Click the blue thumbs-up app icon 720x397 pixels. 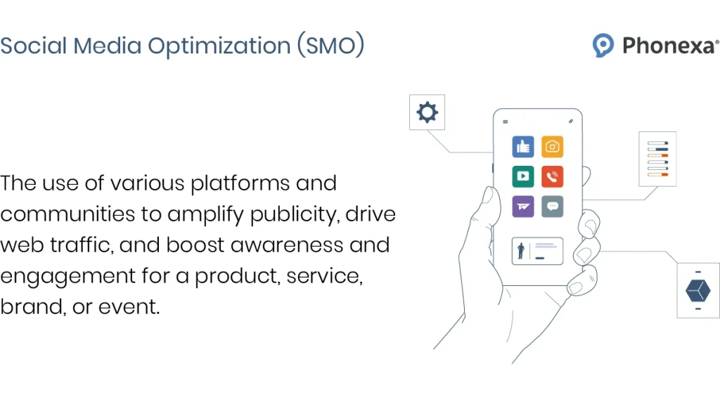pos(523,147)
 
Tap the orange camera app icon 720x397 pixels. pos(553,147)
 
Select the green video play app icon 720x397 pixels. pos(523,176)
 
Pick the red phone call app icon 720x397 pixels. pos(553,176)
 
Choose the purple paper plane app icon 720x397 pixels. pos(523,206)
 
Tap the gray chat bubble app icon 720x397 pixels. pos(553,206)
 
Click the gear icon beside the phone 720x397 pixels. pos(427,113)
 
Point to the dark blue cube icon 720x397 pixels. pos(697,290)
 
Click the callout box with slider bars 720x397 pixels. pos(657,159)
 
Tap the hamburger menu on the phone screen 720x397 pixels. pos(505,122)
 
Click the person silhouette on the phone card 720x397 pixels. pos(521,251)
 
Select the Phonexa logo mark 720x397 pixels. pos(603,46)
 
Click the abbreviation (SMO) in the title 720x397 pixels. pos(330,46)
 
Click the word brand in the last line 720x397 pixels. pos(31,307)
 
